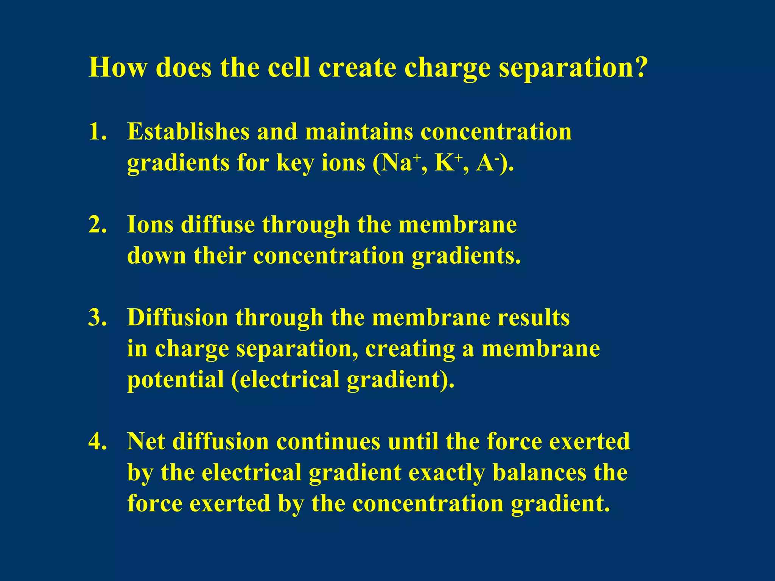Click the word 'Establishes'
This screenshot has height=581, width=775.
188,132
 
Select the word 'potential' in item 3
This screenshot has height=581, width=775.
175,380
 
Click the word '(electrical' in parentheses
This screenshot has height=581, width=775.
285,379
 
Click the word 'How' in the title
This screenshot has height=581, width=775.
118,67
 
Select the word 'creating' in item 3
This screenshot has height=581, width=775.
410,349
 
